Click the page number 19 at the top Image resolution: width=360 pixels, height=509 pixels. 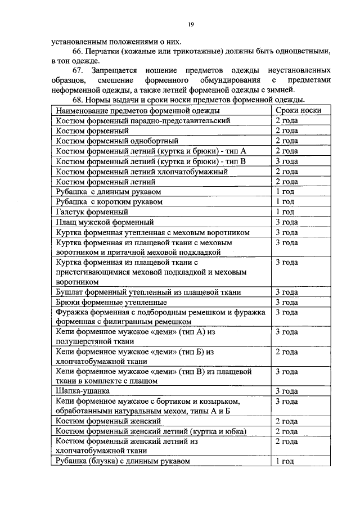(191, 24)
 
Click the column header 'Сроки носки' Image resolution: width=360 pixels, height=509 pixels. (298, 110)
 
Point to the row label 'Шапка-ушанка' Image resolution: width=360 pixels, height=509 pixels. (83, 390)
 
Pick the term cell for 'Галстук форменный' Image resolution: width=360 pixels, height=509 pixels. (285, 212)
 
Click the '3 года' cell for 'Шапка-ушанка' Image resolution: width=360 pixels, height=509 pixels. (286, 390)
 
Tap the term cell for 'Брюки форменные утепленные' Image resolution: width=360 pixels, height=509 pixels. (286, 302)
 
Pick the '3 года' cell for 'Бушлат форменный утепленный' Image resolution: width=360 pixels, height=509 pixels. (286, 292)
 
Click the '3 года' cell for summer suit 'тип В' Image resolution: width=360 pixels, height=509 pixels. (286, 161)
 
